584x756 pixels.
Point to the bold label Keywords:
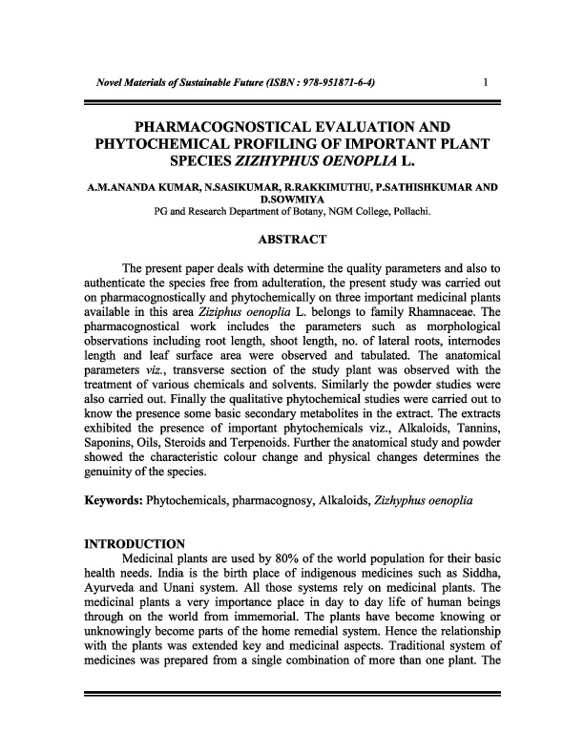[115, 499]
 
